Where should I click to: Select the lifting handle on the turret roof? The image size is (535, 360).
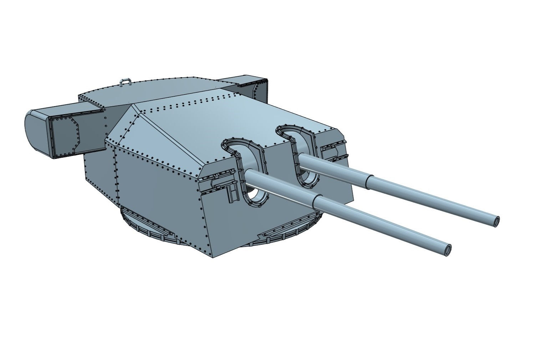tap(124, 82)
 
